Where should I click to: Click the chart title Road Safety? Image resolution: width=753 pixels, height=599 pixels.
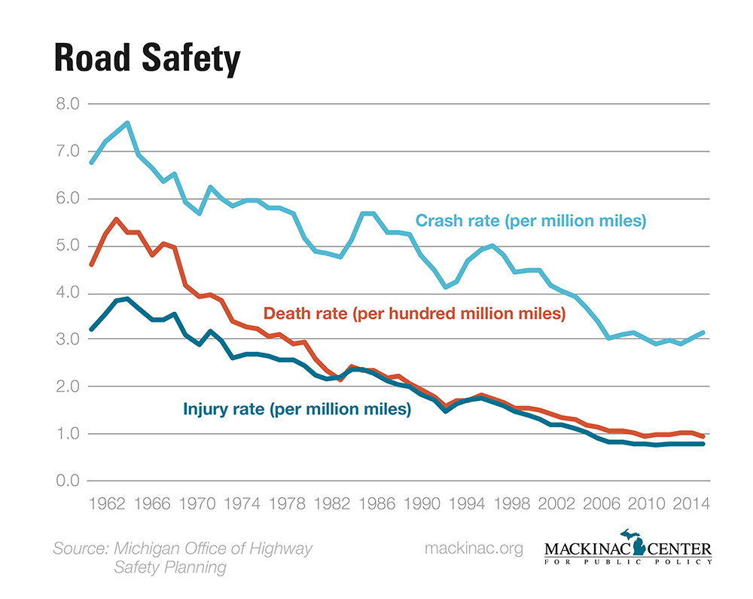(x=148, y=60)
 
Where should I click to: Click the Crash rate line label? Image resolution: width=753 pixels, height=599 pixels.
(x=531, y=221)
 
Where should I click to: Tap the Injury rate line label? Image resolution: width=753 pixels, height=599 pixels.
(x=297, y=410)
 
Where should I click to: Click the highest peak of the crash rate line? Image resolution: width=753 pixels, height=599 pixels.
(x=127, y=123)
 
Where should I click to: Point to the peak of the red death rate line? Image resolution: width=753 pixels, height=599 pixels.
(x=116, y=219)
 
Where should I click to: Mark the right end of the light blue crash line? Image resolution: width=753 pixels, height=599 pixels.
(x=703, y=332)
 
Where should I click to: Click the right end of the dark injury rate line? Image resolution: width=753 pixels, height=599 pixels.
(x=703, y=444)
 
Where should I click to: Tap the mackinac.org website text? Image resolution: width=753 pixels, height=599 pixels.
(x=474, y=548)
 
